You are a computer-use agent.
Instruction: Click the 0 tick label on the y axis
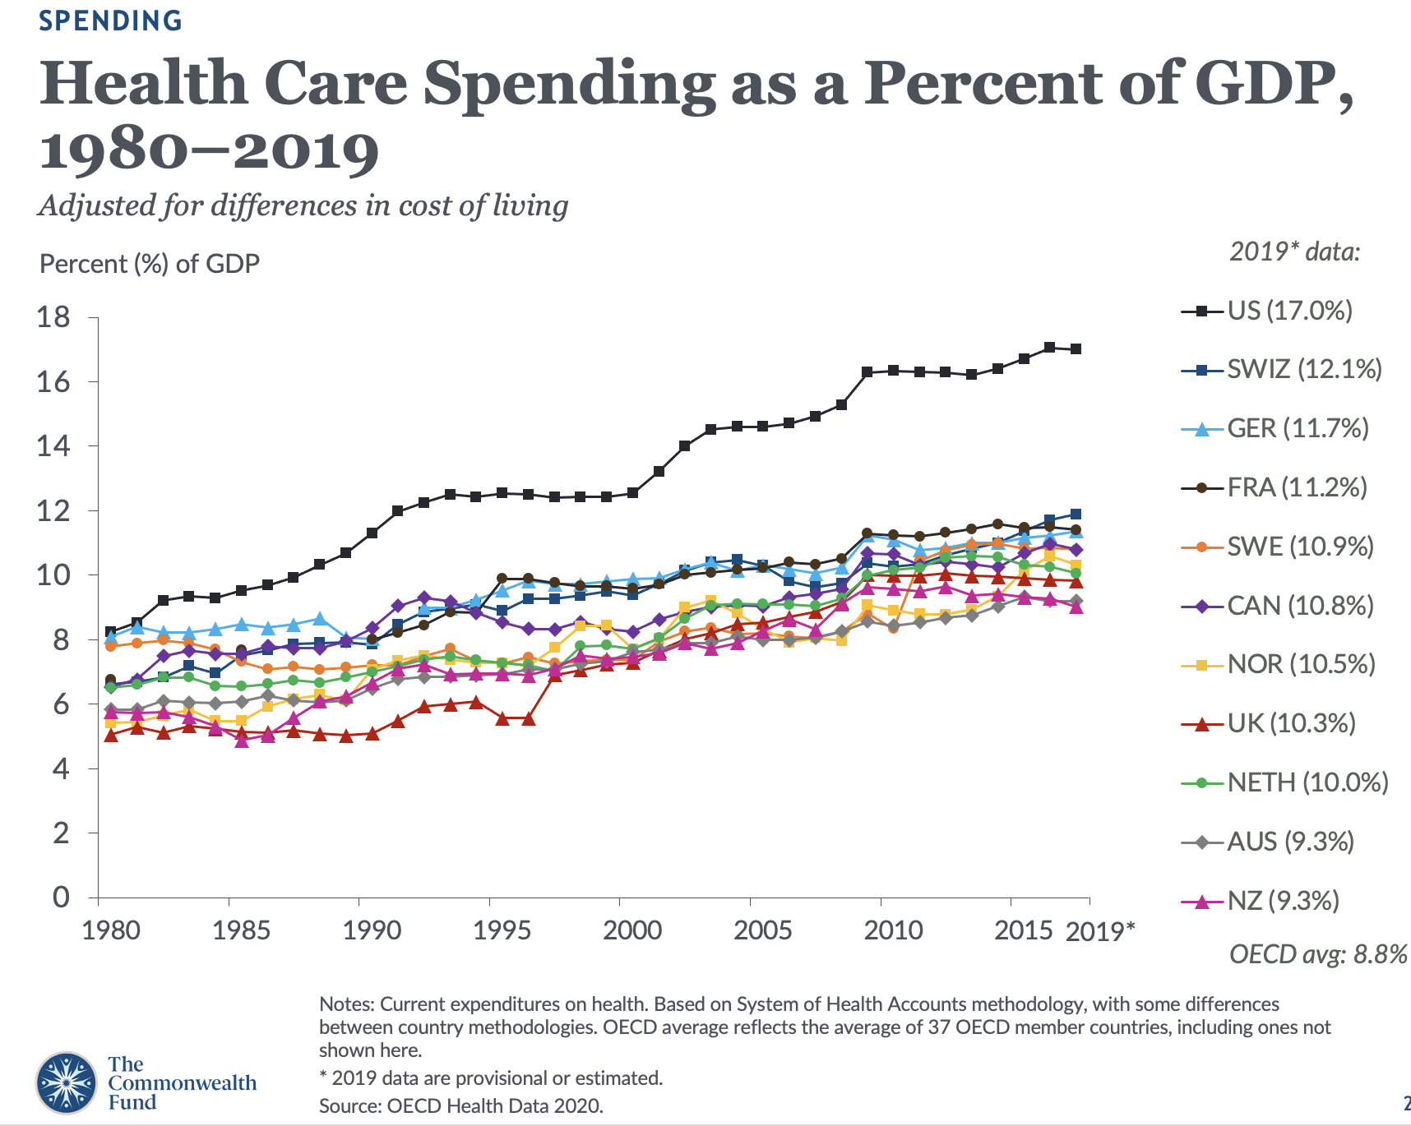tap(61, 897)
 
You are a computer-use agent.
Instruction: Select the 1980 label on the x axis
tap(111, 930)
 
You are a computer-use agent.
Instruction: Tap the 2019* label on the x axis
tap(1099, 931)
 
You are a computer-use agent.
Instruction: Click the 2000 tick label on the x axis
tap(632, 930)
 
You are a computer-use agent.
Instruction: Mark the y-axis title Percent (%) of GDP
tap(150, 264)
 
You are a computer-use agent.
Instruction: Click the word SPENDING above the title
tap(110, 21)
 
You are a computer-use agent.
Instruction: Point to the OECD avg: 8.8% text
tap(1317, 954)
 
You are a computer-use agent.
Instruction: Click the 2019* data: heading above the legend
tap(1294, 252)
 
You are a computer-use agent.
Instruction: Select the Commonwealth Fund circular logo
tap(66, 1082)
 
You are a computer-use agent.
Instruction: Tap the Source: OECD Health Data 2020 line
tap(460, 1106)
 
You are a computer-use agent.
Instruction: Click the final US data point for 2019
tap(1076, 349)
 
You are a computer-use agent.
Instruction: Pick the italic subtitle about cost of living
tap(303, 205)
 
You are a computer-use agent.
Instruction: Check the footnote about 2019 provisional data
tap(490, 1078)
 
